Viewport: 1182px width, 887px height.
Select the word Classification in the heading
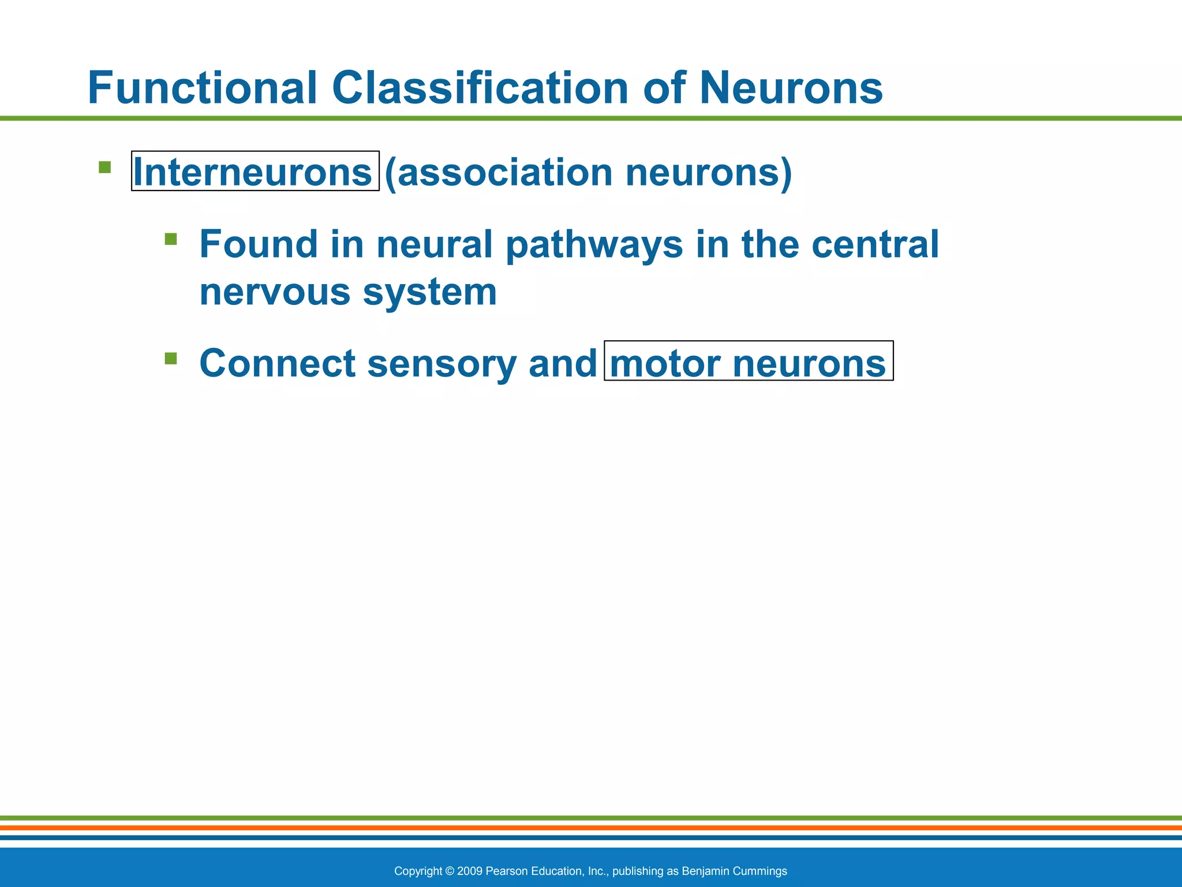click(480, 88)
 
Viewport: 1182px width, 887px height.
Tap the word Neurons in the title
click(791, 88)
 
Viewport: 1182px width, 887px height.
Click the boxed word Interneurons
click(253, 172)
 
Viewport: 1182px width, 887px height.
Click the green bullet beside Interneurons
click(104, 167)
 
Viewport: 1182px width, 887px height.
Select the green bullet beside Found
click(170, 239)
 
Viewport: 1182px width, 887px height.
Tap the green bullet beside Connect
click(170, 359)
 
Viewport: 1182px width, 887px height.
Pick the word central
click(875, 244)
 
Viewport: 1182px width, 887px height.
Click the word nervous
click(275, 292)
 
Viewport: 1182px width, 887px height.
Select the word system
click(429, 293)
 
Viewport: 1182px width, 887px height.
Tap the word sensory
click(442, 364)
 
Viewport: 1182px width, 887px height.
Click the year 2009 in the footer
click(470, 871)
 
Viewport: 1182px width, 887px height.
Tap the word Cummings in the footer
click(760, 871)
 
